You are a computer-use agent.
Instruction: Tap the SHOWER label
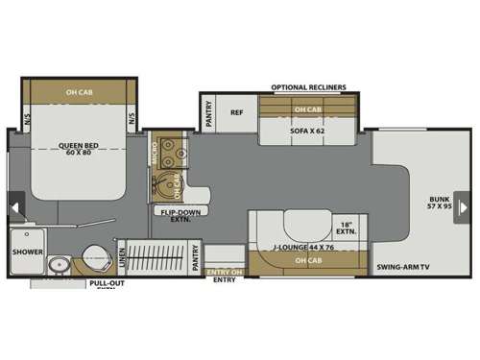28,252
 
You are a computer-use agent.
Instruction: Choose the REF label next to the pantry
237,111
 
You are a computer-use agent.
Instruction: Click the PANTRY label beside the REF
209,114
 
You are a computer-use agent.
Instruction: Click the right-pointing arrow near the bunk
461,205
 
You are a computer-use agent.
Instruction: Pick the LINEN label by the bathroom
121,257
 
